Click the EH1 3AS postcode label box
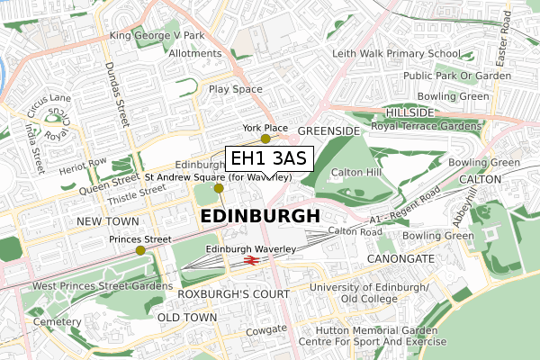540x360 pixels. [268, 159]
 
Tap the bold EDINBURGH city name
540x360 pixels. [259, 217]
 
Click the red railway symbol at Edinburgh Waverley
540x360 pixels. [251, 261]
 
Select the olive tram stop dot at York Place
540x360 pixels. [265, 139]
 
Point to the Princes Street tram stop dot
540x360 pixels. [139, 250]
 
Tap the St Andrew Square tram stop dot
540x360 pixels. [218, 188]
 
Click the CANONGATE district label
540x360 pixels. [400, 258]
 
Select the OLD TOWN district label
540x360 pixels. [187, 318]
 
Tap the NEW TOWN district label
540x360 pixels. [108, 220]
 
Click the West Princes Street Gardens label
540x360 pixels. [103, 286]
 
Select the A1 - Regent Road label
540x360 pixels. [405, 207]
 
